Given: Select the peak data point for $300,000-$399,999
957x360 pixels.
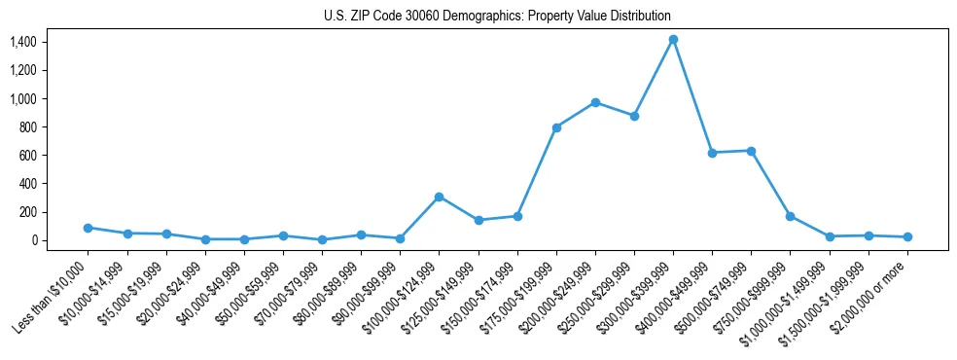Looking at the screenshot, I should [x=673, y=40].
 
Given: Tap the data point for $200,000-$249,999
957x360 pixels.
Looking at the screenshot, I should [x=595, y=102].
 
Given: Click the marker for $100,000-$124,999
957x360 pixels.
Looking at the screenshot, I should [x=439, y=197].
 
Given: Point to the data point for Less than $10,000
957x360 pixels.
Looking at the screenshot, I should [x=88, y=228].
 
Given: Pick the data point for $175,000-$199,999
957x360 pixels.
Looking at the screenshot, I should [x=556, y=127].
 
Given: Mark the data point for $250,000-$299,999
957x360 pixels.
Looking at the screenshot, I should [x=634, y=116].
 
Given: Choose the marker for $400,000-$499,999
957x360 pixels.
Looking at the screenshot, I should [x=712, y=153].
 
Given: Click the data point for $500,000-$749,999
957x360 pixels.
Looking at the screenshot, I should [x=751, y=151].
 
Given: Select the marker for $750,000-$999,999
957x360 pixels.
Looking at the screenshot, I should [x=790, y=216].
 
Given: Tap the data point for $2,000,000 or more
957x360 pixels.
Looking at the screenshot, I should [x=907, y=236].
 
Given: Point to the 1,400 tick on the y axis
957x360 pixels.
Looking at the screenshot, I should [x=22, y=42].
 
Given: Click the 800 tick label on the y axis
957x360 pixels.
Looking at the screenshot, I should [x=26, y=126].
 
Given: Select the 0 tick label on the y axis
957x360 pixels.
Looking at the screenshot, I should [x=33, y=240].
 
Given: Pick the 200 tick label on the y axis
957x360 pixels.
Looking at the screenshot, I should [x=26, y=212].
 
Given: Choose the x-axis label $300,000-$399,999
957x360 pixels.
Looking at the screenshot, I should [x=637, y=298].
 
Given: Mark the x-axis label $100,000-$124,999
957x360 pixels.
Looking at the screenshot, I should [x=403, y=298].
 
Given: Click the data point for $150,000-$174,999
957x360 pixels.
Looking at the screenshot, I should [x=517, y=216].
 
